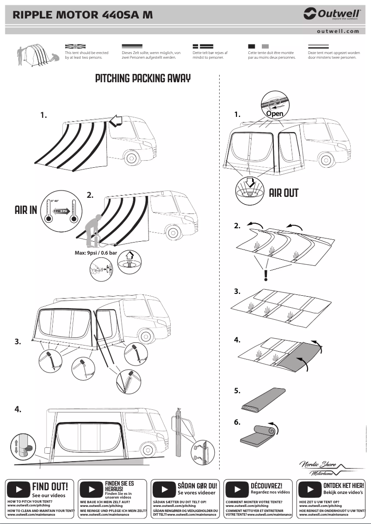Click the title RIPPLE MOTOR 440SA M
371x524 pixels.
[83, 15]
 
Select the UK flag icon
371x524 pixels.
[75, 47]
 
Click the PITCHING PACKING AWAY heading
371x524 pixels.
[142, 78]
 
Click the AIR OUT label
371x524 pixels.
[284, 193]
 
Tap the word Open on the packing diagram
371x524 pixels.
[274, 113]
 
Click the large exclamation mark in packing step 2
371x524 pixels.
[266, 275]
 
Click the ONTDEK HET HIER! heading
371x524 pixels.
[343, 486]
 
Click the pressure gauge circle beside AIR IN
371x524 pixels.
[59, 212]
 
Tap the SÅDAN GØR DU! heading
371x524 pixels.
[197, 486]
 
